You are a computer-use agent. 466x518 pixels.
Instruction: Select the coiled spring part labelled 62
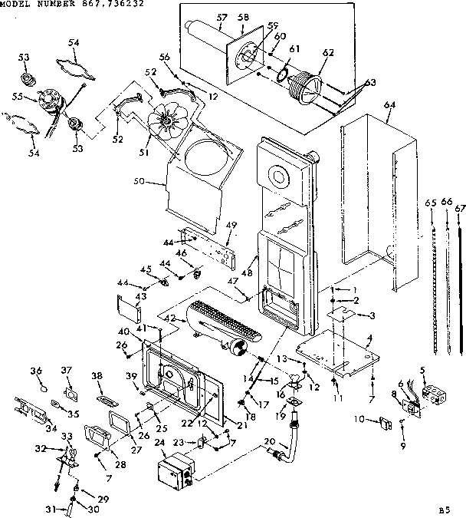click(x=307, y=84)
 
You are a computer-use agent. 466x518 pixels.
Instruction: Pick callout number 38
click(x=96, y=376)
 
